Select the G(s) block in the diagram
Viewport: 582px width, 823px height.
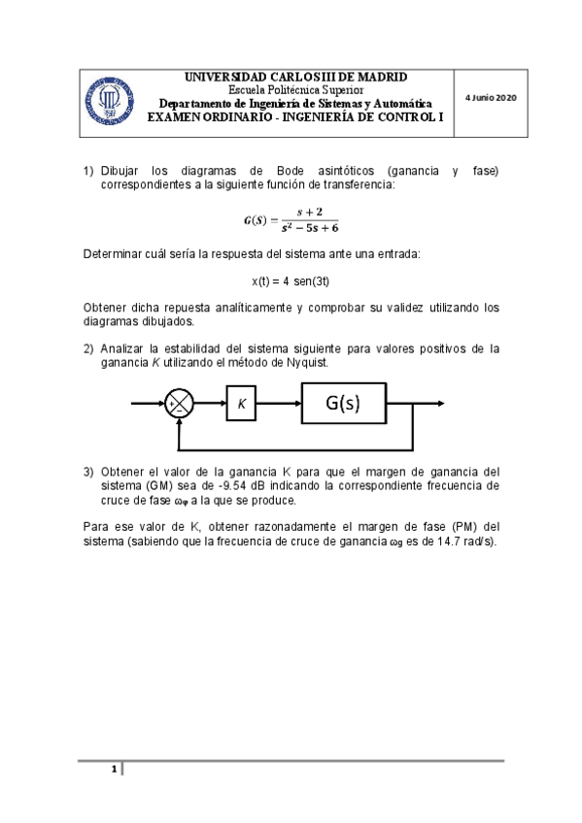coord(343,403)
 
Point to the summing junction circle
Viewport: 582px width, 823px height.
coord(179,404)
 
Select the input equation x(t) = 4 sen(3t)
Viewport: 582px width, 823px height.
coord(291,281)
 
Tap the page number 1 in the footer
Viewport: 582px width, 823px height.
coord(114,771)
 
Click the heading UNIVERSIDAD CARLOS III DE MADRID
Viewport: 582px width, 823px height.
coord(295,77)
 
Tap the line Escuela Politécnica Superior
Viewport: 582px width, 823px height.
coord(295,90)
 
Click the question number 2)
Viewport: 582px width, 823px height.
coord(88,348)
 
